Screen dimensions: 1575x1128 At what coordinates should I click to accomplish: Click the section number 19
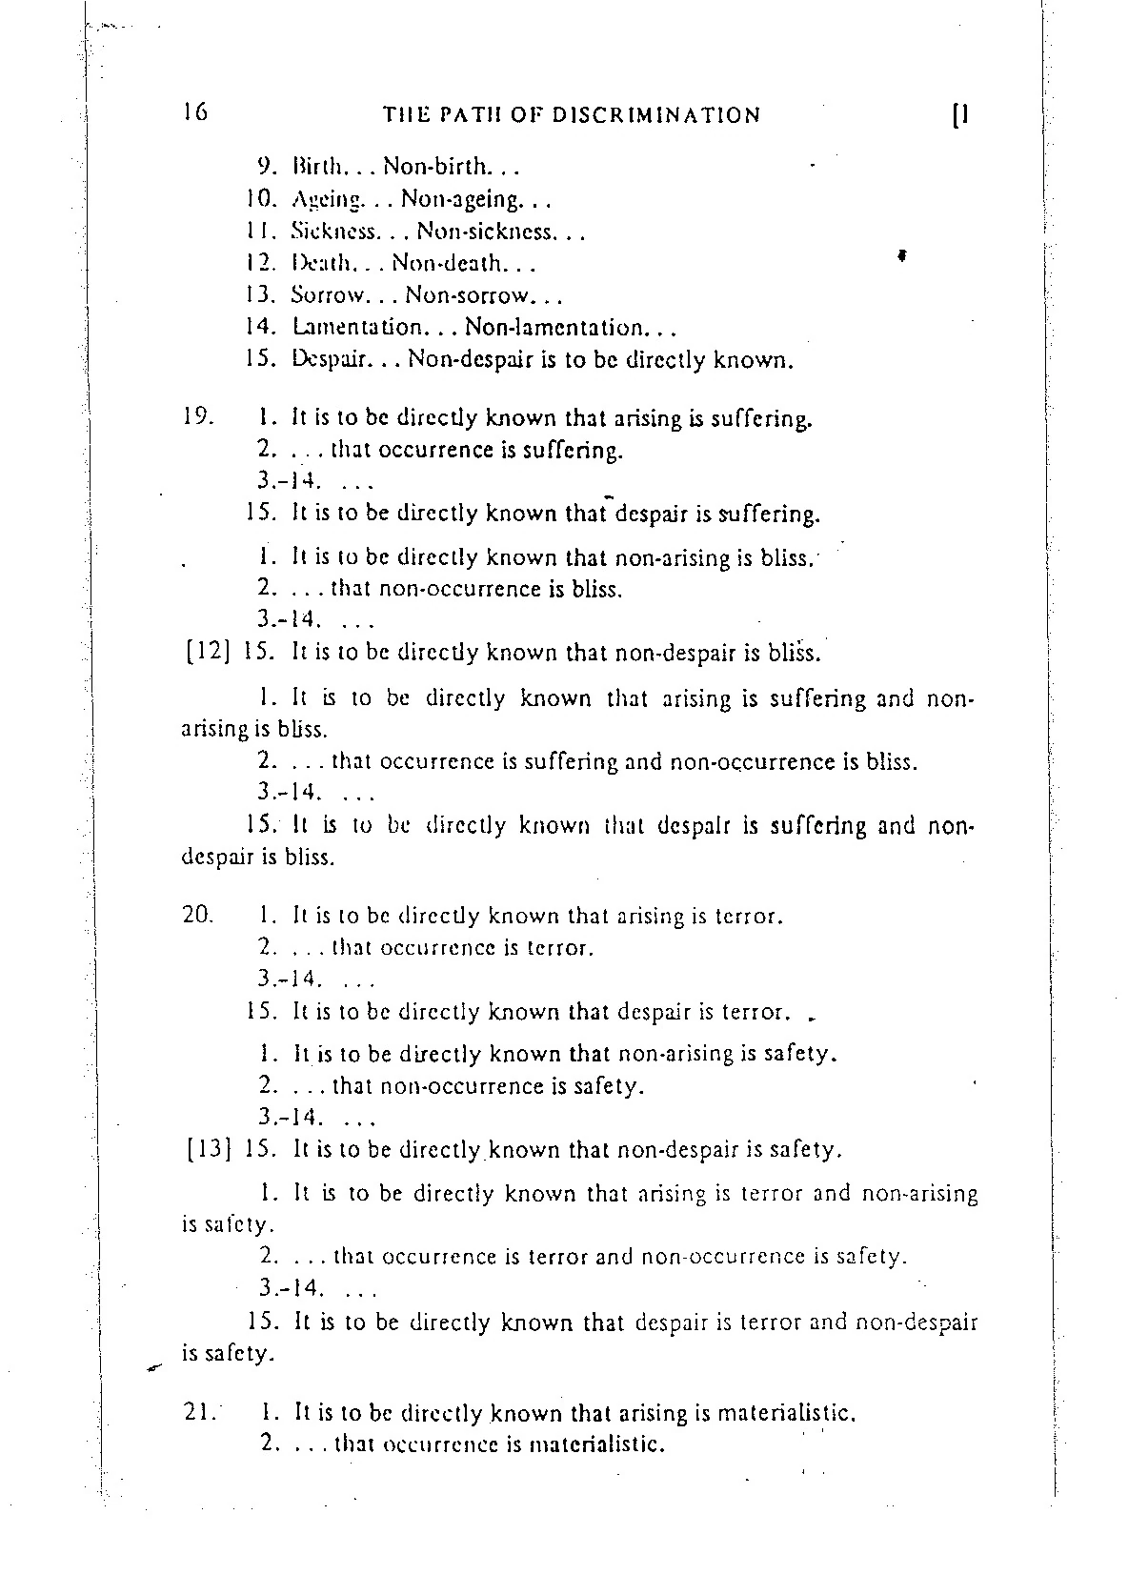pyautogui.click(x=197, y=416)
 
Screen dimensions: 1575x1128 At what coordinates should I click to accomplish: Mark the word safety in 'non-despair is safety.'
pyautogui.click(x=805, y=1150)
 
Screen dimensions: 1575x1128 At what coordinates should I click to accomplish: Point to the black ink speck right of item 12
pyautogui.click(x=899, y=255)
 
